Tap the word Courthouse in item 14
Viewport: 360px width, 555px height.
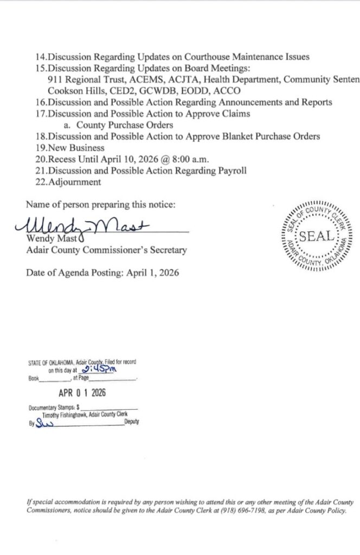(x=188, y=57)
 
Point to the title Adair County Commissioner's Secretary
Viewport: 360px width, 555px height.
(x=106, y=250)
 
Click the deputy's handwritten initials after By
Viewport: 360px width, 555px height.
(x=42, y=423)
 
